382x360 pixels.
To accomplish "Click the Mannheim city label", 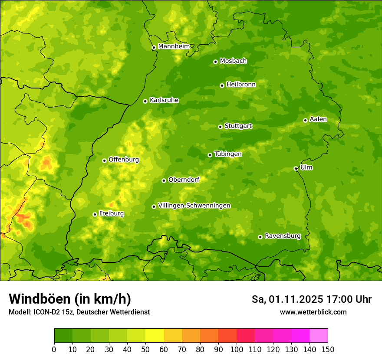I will [174, 46].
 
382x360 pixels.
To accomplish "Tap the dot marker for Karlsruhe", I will [145, 101].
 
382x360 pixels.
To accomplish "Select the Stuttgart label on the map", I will [238, 126].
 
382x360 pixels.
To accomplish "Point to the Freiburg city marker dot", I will [95, 214].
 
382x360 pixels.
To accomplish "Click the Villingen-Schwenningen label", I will [194, 206].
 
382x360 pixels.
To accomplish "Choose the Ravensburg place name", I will [283, 236].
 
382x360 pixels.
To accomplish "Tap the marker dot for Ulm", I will [296, 168].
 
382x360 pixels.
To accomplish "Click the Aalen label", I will [318, 119].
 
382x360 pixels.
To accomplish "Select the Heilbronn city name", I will [241, 85].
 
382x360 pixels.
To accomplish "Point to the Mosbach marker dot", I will [215, 62].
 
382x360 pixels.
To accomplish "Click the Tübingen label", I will [228, 154].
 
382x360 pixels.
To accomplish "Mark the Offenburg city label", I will [124, 160].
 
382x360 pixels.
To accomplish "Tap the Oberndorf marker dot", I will [164, 180].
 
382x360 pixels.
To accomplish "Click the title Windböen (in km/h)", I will [69, 299].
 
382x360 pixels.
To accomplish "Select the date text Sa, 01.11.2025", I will [287, 299].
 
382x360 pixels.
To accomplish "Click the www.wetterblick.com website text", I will [313, 312].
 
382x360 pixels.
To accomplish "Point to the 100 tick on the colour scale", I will [237, 349].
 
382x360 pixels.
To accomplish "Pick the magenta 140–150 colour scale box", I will [319, 336].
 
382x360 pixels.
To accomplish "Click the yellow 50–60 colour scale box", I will [155, 336].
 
